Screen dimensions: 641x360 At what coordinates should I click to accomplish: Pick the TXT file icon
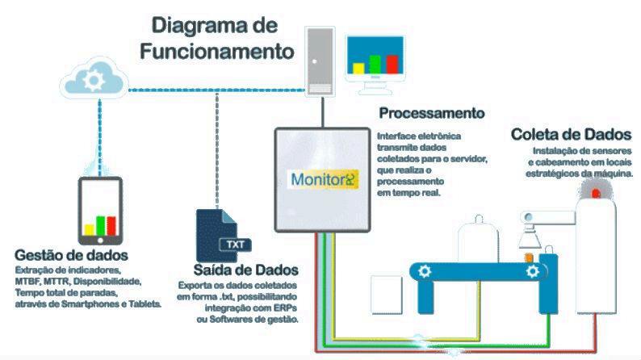pyautogui.click(x=218, y=234)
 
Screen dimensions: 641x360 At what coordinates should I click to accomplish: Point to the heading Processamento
pyautogui.click(x=431, y=113)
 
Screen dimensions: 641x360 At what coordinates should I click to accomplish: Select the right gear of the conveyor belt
pyautogui.click(x=532, y=273)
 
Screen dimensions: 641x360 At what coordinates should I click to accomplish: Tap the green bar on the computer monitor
pyautogui.click(x=374, y=62)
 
